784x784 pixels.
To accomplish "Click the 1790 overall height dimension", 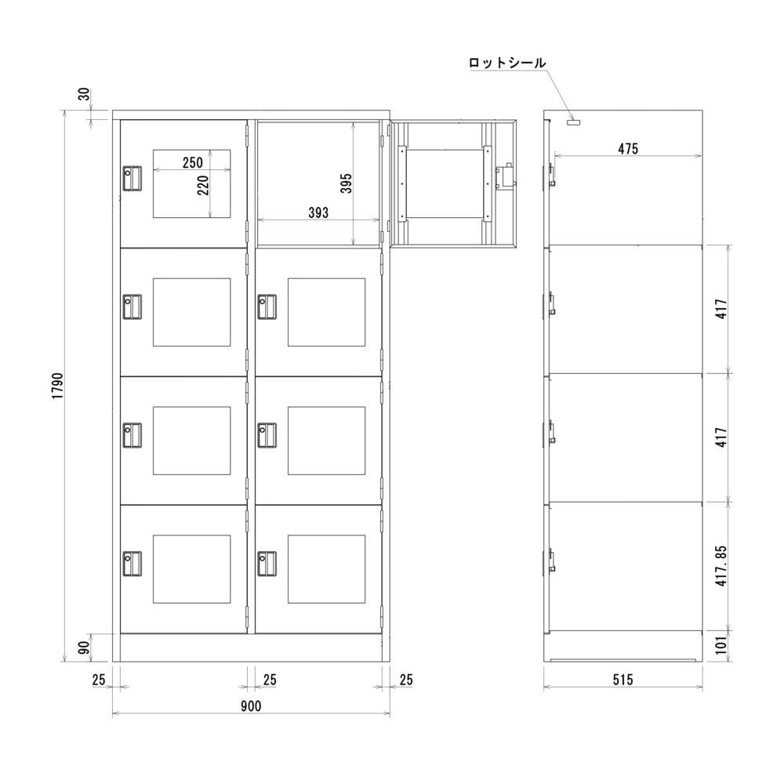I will click(57, 387).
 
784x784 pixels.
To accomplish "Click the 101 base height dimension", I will click(721, 645).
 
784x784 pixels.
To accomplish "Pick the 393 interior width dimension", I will click(318, 212).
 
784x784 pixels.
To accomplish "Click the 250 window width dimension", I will click(192, 163).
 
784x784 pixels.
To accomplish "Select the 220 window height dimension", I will click(203, 185).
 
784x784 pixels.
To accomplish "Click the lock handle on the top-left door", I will click(132, 177).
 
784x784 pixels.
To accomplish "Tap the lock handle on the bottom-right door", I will click(267, 563).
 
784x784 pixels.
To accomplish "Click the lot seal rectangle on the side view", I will click(574, 122).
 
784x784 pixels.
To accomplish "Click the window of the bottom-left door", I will click(191, 569).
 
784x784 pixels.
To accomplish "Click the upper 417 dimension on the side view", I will click(721, 307).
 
